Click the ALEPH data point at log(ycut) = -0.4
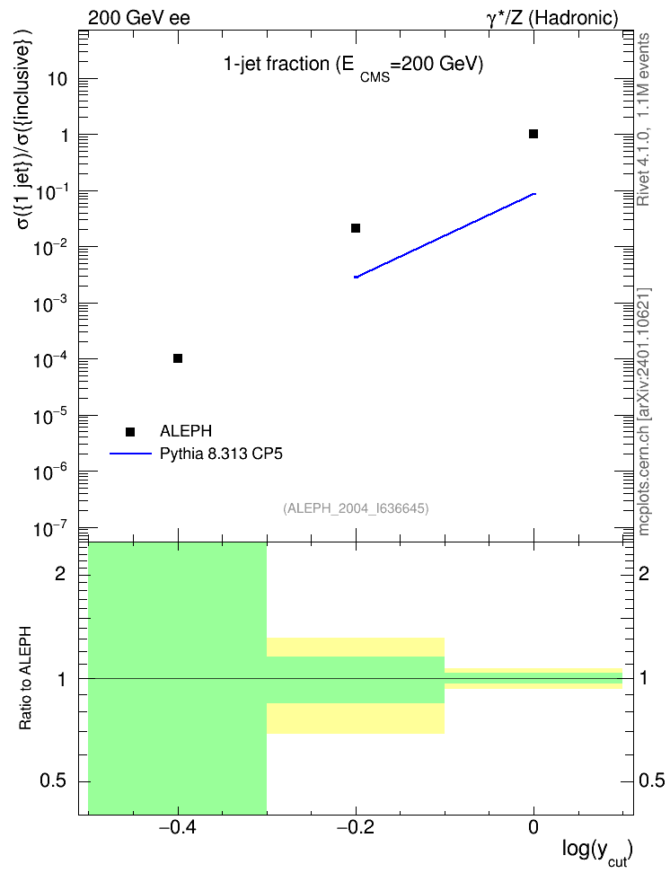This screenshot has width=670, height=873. [x=178, y=358]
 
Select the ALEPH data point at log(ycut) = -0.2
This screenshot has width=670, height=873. [x=356, y=228]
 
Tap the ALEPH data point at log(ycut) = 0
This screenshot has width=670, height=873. [x=533, y=134]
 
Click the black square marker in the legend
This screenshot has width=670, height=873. [x=130, y=432]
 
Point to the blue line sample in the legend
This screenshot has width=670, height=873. [x=130, y=454]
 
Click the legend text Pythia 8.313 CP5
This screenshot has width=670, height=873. [x=221, y=454]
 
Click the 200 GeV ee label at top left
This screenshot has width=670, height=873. [x=138, y=18]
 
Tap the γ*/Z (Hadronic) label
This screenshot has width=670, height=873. [x=552, y=18]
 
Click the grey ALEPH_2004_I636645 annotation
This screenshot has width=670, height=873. [x=356, y=508]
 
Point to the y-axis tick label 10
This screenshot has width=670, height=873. [x=57, y=79]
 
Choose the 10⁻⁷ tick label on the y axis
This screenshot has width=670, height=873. [x=50, y=528]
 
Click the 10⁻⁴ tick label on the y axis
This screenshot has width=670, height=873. [x=50, y=359]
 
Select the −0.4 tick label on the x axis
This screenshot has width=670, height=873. [x=178, y=827]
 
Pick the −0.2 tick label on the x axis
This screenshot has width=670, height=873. [x=356, y=827]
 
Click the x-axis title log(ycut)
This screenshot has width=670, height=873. [x=597, y=851]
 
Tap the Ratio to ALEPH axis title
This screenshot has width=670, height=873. [x=25, y=678]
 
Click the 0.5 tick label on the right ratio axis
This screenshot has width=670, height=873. [x=651, y=780]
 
